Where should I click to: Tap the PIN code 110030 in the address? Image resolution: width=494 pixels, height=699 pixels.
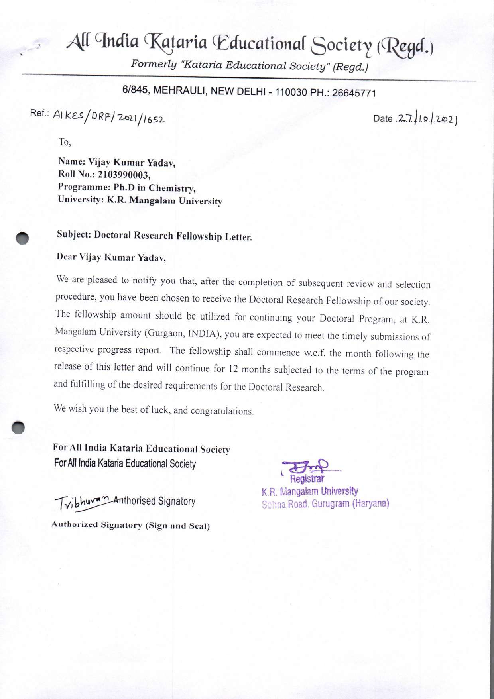click(291, 92)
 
